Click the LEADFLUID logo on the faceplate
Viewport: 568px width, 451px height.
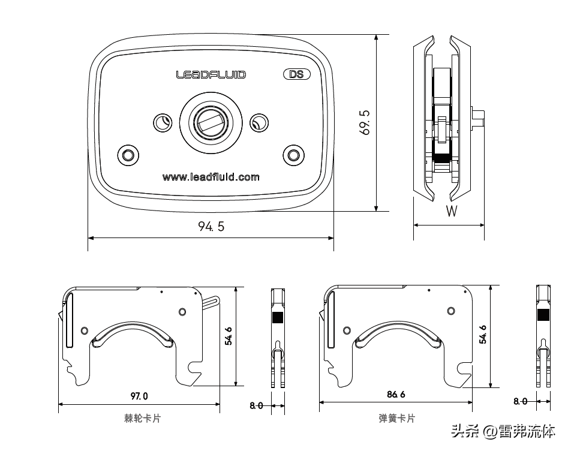[x=211, y=75]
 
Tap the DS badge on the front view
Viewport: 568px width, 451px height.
[x=296, y=75]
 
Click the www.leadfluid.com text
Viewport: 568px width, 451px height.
[x=211, y=177]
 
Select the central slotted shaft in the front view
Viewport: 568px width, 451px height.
[x=211, y=122]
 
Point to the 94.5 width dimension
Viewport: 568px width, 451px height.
[x=211, y=227]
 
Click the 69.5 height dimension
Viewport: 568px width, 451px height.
[x=365, y=122]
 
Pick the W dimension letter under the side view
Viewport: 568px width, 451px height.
[x=452, y=211]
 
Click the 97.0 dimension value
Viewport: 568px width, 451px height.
[x=139, y=396]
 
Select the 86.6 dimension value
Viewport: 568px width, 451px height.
[x=396, y=395]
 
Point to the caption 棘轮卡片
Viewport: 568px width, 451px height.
[x=142, y=419]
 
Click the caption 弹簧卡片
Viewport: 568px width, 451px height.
[x=396, y=419]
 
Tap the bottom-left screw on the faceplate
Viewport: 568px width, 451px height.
[x=127, y=155]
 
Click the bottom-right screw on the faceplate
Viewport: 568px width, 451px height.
[x=293, y=155]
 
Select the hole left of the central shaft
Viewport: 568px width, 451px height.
[x=162, y=122]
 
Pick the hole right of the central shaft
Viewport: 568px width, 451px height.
[x=258, y=122]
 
